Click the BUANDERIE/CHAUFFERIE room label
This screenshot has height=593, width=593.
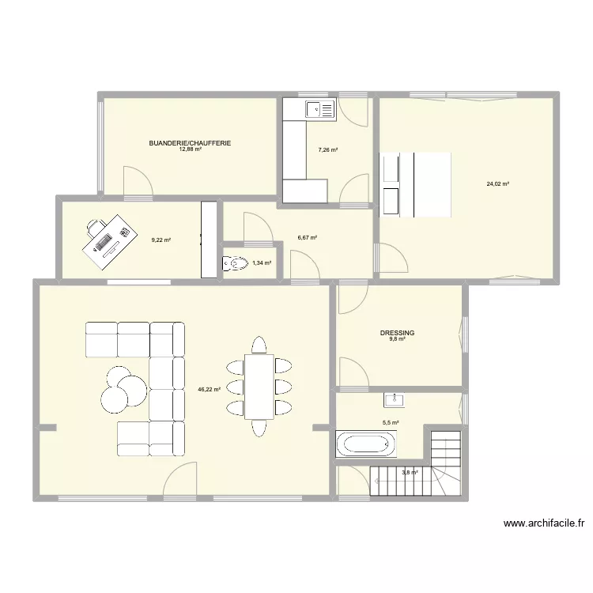[x=190, y=143]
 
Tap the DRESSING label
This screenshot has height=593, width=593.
[x=397, y=334]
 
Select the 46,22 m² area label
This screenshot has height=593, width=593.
[x=210, y=390]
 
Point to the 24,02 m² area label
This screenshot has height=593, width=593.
[x=498, y=184]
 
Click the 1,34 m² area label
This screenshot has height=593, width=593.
[x=262, y=263]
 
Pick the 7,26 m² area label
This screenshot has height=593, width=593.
[x=328, y=149]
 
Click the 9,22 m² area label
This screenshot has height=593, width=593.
[x=161, y=240]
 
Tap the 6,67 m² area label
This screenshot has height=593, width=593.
[x=308, y=237]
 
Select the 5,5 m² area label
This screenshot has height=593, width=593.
[x=391, y=423]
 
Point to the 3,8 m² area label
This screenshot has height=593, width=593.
[x=410, y=473]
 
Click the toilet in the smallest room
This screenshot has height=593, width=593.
[x=236, y=263]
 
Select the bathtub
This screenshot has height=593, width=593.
[x=366, y=444]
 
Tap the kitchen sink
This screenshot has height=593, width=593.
[x=320, y=109]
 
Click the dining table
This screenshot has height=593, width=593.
[x=259, y=386]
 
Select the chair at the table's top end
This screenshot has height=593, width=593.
[x=259, y=345]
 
